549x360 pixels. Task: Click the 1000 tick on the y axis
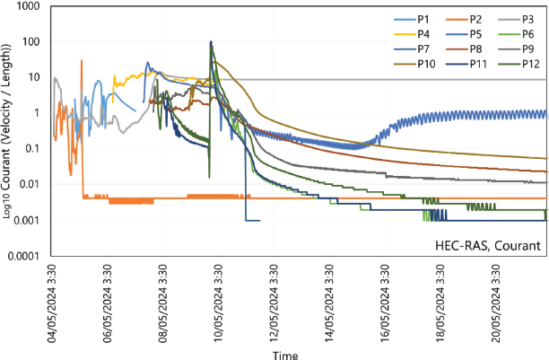click(x=33, y=7)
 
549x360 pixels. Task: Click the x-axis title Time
click(x=285, y=354)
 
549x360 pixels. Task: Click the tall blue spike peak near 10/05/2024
click(x=211, y=42)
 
